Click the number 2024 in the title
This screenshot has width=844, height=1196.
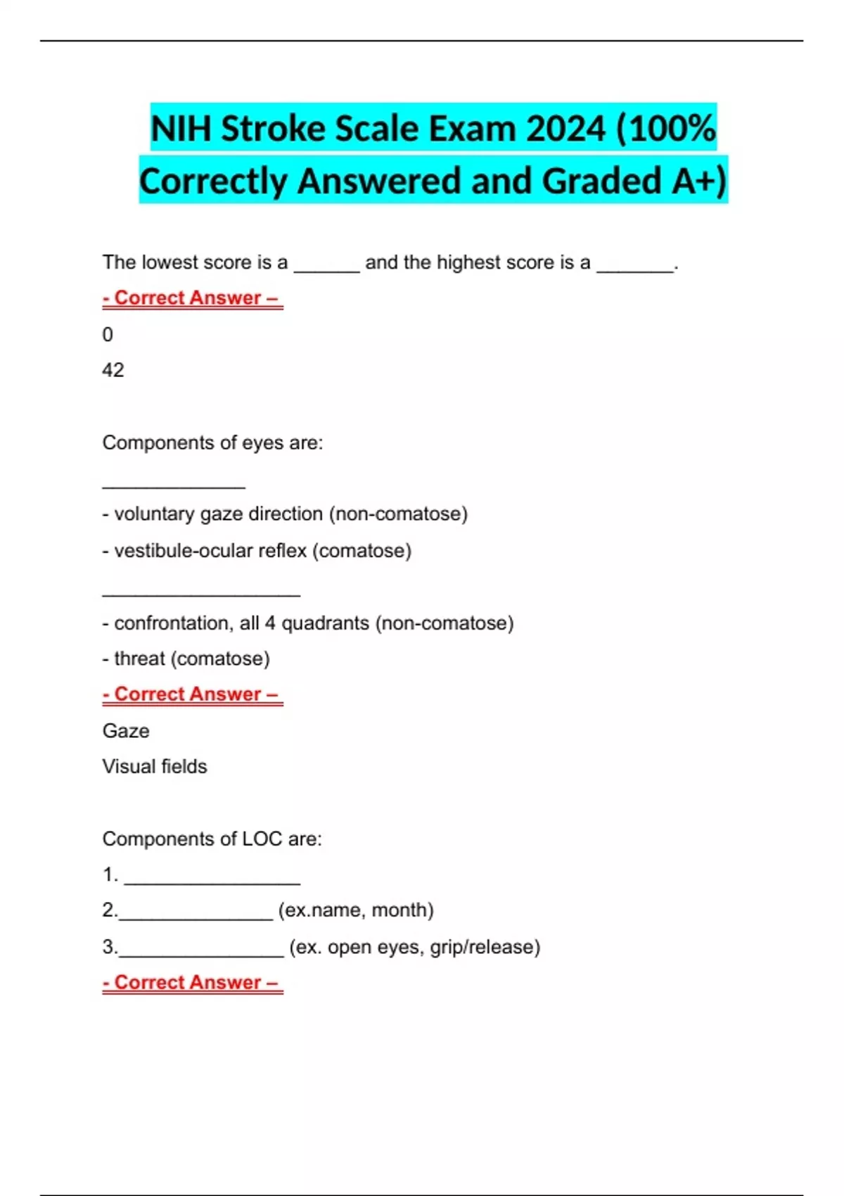point(565,129)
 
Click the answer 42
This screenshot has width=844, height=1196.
point(113,370)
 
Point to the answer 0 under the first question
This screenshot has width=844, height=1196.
point(108,334)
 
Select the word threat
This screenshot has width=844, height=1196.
point(139,659)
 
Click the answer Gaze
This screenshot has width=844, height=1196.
point(126,731)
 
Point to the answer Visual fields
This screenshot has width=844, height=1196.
point(155,766)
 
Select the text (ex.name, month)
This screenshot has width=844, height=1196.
point(356,910)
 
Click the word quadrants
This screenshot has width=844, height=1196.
point(325,623)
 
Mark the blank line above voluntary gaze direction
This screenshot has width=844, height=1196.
point(174,485)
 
